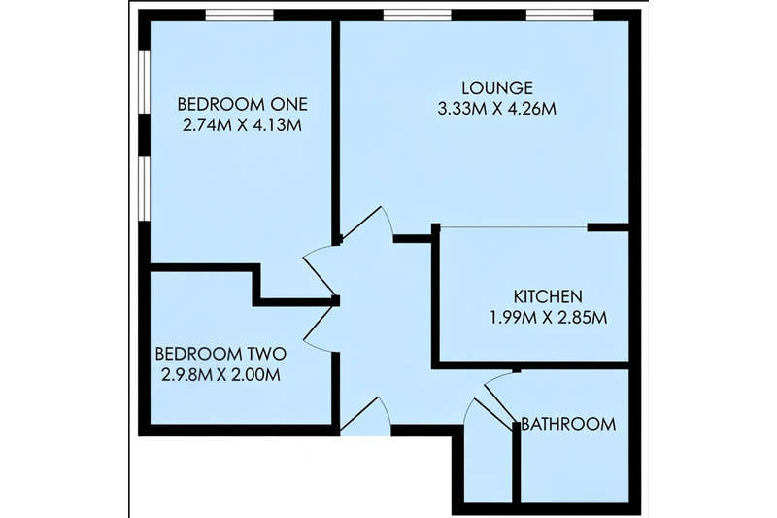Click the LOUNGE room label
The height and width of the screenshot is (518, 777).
click(x=497, y=87)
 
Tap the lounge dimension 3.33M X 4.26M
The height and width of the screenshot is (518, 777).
click(x=497, y=109)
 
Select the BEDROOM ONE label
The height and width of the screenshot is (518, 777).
click(x=242, y=104)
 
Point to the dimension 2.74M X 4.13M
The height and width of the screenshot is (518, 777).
click(x=242, y=125)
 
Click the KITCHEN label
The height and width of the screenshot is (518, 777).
click(x=548, y=296)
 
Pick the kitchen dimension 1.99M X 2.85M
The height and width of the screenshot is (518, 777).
click(x=549, y=317)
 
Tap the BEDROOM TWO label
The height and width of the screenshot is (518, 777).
click(x=220, y=354)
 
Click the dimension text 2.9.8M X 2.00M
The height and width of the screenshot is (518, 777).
click(x=221, y=375)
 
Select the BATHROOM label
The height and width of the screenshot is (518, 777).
click(x=568, y=424)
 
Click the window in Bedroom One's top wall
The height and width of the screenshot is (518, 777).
click(x=239, y=16)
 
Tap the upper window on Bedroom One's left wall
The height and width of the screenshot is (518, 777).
click(x=144, y=82)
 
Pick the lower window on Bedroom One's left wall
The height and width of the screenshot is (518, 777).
click(x=144, y=189)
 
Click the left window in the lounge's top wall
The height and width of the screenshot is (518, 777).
click(x=418, y=16)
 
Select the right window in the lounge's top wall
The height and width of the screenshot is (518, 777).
click(x=560, y=16)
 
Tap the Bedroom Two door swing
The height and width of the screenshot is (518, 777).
click(x=321, y=327)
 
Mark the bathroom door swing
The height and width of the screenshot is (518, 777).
click(x=495, y=397)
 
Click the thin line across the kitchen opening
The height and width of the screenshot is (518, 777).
click(x=514, y=227)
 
